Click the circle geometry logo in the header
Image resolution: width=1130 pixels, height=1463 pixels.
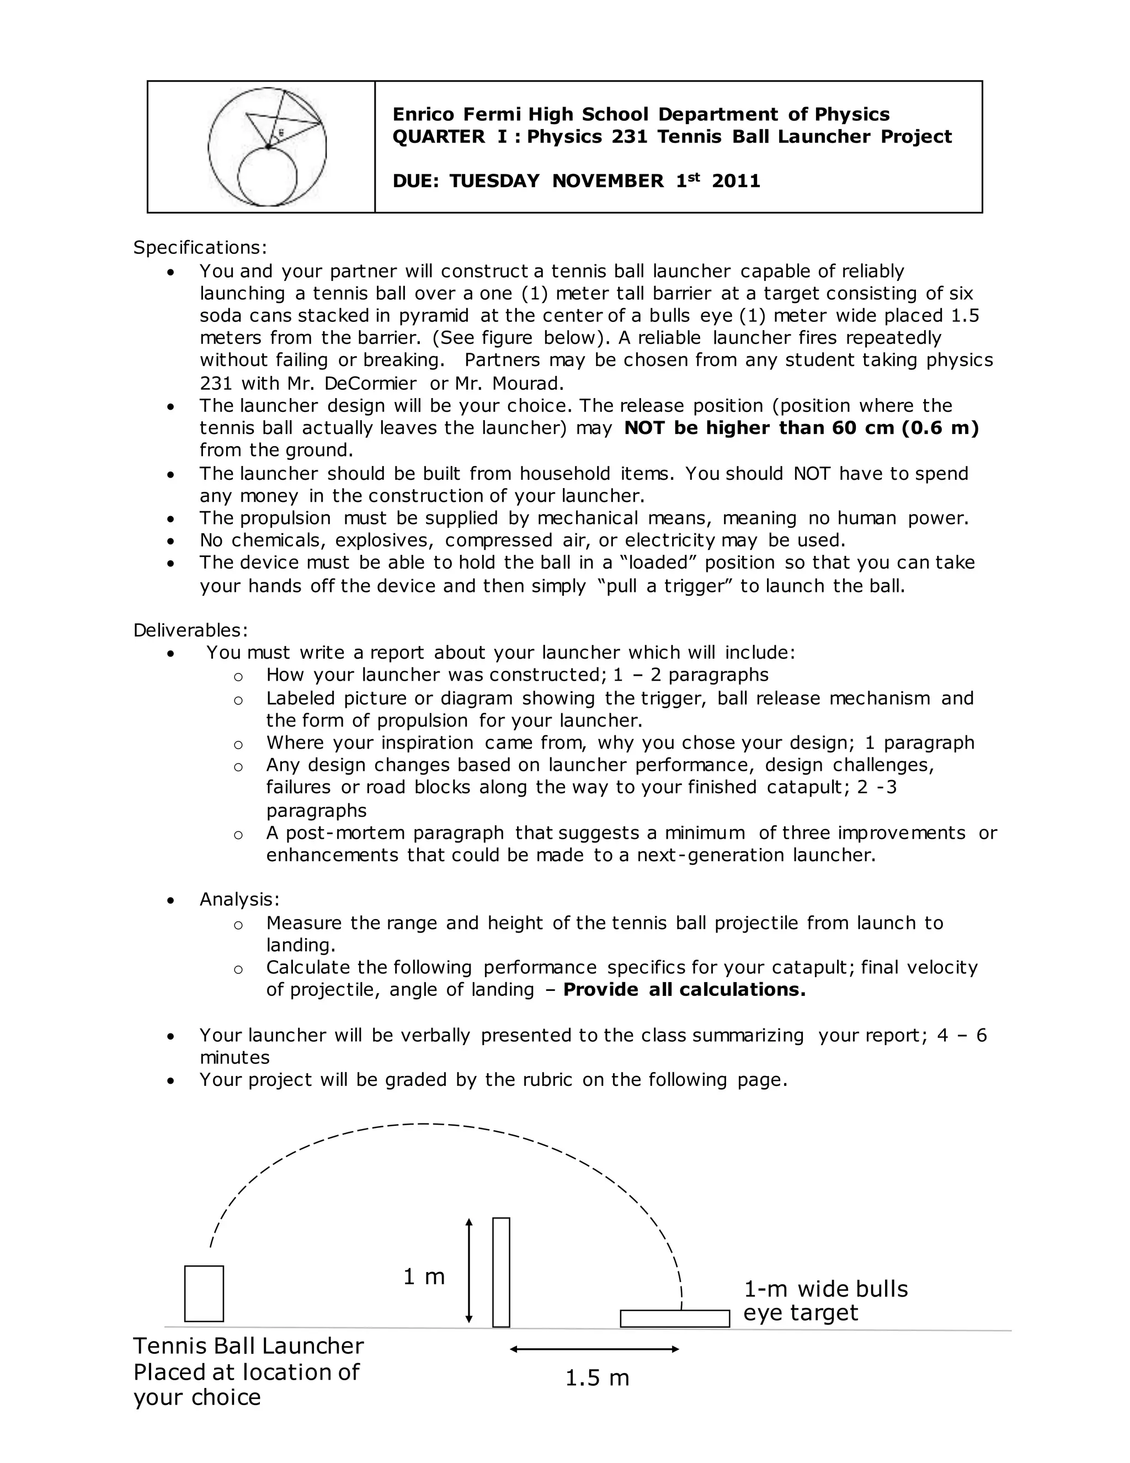coord(267,147)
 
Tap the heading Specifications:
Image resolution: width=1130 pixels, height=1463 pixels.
coord(200,248)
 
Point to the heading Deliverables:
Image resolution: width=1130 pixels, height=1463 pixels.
coord(190,630)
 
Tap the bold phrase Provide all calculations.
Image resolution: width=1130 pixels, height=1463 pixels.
coord(684,990)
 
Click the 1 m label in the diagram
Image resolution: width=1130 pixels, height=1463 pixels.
coord(424,1278)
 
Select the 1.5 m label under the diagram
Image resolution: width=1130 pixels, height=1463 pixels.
coord(597,1378)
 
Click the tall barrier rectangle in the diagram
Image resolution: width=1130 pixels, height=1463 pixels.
coord(501,1272)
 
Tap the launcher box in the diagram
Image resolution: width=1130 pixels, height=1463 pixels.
coord(204,1294)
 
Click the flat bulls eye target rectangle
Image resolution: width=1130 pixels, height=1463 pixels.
coord(674,1318)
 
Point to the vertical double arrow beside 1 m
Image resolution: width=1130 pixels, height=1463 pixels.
coord(468,1271)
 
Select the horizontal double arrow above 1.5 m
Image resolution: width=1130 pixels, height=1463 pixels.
coord(594,1349)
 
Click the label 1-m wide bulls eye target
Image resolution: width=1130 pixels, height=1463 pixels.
coord(825,1301)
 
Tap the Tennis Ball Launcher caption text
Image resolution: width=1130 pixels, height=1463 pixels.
coord(248,1371)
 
